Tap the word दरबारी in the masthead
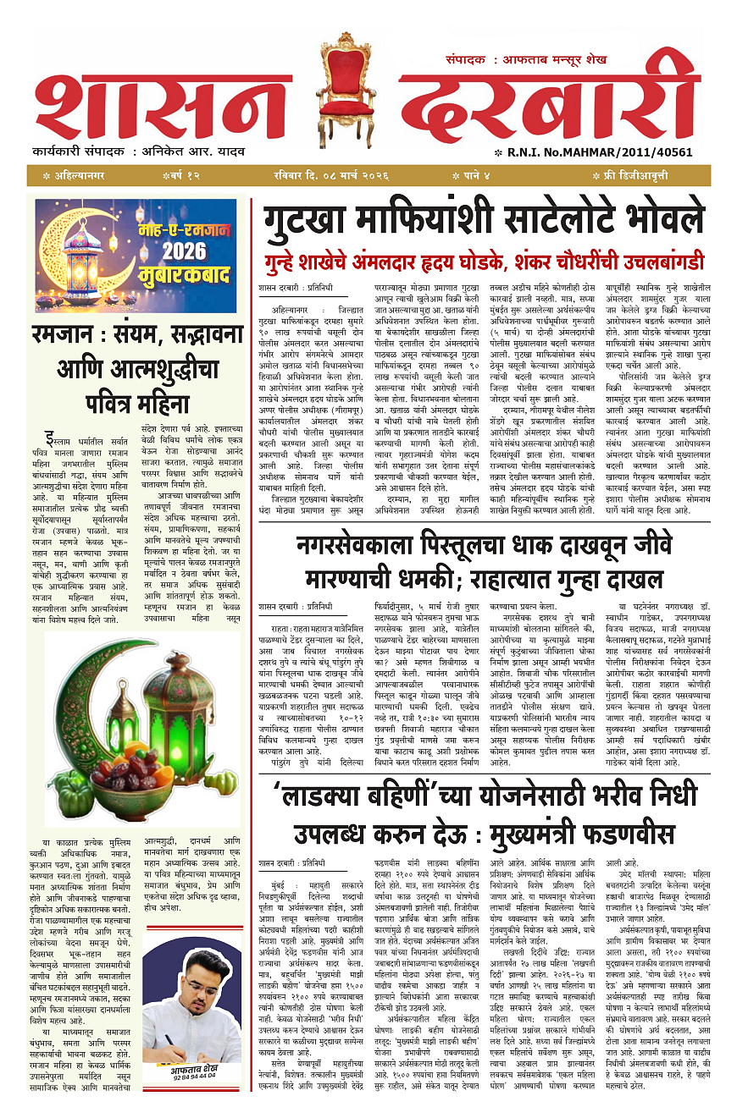click(x=551, y=106)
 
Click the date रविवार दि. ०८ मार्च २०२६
click(x=330, y=175)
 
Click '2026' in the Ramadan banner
click(x=184, y=251)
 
